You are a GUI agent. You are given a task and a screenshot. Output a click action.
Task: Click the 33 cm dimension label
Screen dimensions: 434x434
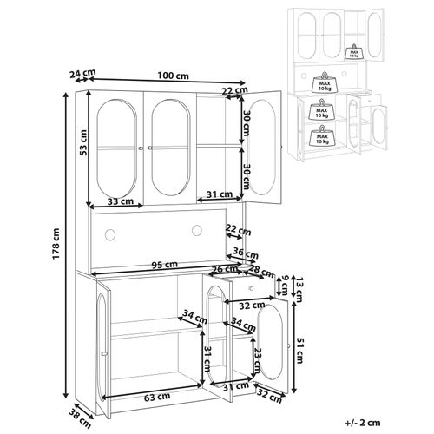[123, 201]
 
